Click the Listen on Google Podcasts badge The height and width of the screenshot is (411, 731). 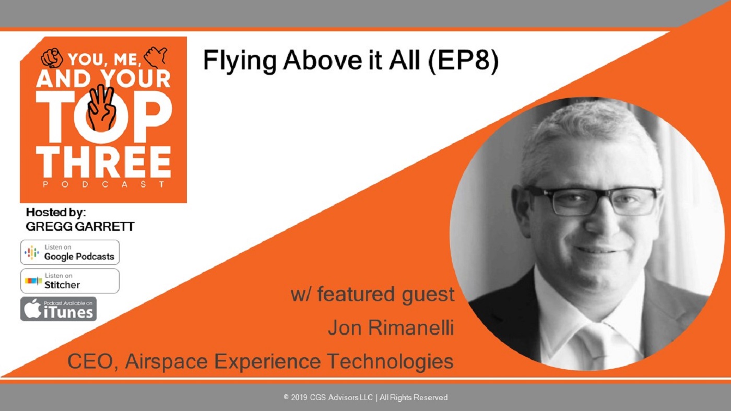coord(70,252)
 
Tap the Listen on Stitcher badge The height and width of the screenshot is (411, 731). coord(70,281)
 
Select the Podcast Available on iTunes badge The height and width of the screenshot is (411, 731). coord(58,309)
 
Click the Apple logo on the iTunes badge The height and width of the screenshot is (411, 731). coord(32,309)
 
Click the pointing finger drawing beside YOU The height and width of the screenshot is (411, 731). coord(52,57)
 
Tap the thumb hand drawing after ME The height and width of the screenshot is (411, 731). coord(156,56)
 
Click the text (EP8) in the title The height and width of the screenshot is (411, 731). coord(463,61)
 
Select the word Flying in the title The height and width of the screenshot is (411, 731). coord(240,61)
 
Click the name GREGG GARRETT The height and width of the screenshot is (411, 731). coord(80,227)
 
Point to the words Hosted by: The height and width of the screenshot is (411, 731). coord(56,212)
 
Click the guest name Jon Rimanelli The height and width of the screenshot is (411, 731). coord(391,328)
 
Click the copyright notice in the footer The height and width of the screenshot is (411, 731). coord(365,397)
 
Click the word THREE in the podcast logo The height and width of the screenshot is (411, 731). coord(103,161)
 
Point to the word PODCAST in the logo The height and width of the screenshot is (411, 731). coord(104,184)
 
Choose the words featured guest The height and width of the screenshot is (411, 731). coord(386,295)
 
